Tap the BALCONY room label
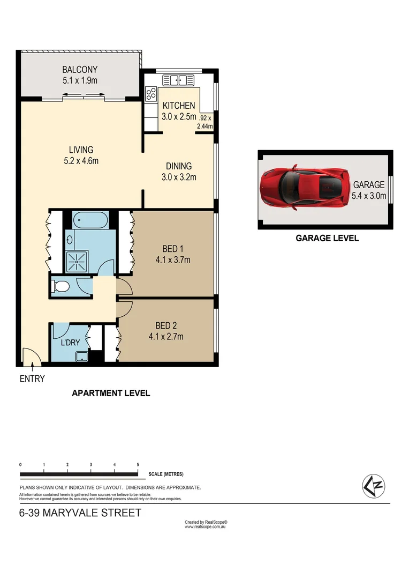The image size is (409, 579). point(79,70)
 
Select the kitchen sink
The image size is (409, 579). point(178,80)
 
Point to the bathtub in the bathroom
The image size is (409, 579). point(90,219)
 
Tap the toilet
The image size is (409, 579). point(60,287)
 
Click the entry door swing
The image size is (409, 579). point(31,357)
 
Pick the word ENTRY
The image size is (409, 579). point(32,379)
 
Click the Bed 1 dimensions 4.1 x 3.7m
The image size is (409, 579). point(169,261)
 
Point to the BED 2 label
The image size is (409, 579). point(166,326)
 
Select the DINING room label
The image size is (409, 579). point(178,166)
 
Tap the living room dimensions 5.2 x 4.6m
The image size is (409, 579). point(81,160)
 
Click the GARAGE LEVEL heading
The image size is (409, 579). point(327,238)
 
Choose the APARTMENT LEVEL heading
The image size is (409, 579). point(111,393)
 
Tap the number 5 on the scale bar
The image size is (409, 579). point(138,464)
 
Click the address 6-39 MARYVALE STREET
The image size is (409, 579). point(80,513)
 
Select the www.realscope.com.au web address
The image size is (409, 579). point(206,527)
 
